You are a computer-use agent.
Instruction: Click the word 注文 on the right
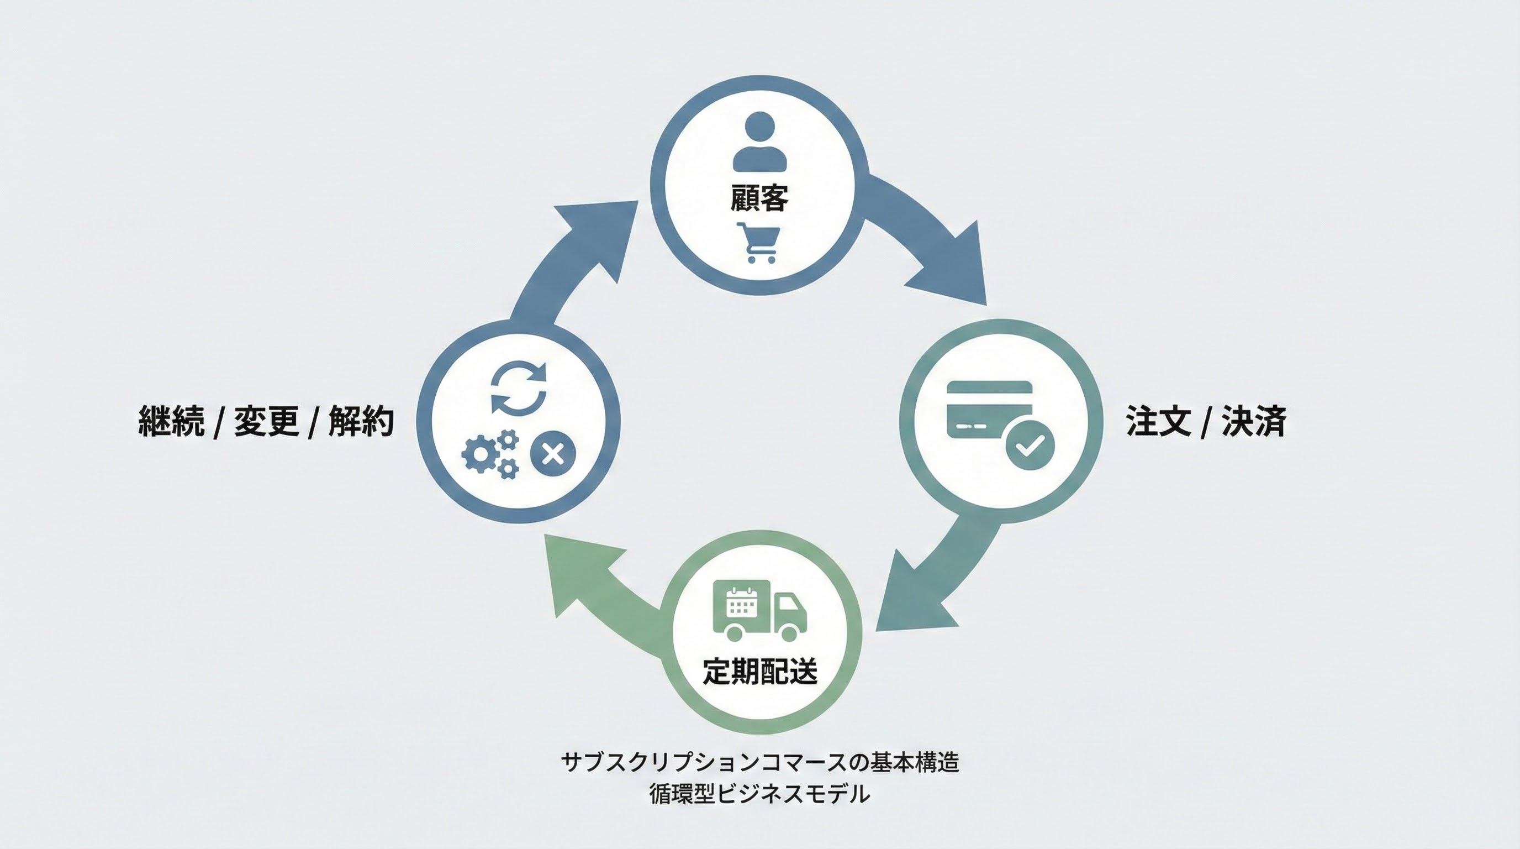click(x=1157, y=421)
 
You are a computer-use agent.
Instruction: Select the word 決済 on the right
click(x=1253, y=421)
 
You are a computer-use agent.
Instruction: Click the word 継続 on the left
click(x=171, y=421)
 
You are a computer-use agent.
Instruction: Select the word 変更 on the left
click(x=266, y=421)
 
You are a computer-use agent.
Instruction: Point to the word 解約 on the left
click(x=361, y=421)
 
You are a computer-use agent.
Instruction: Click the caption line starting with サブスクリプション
click(x=759, y=762)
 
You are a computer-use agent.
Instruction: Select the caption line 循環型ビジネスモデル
click(x=759, y=794)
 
